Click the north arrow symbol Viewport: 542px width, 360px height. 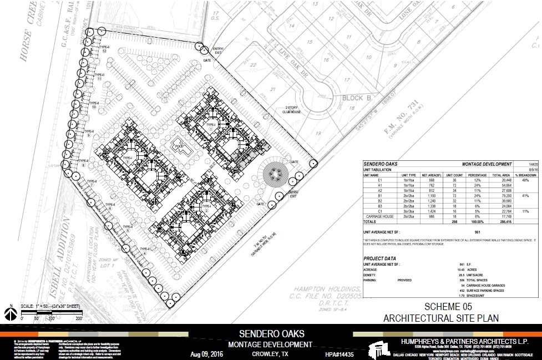pyautogui.click(x=9, y=314)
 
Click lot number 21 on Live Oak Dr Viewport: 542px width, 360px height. pyautogui.click(x=272, y=89)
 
